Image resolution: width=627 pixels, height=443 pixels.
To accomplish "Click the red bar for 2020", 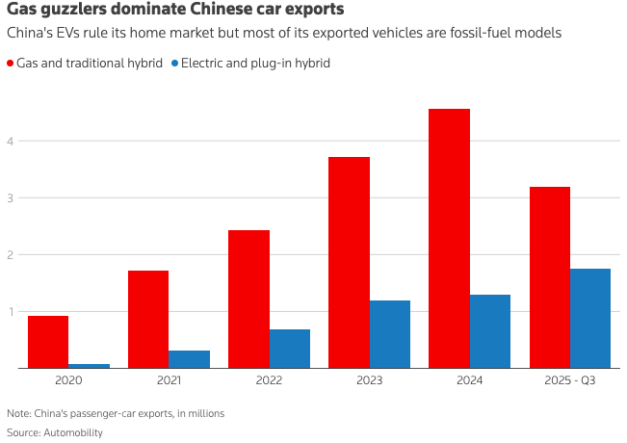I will (x=48, y=342).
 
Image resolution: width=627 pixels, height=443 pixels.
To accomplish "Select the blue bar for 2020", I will (x=89, y=366).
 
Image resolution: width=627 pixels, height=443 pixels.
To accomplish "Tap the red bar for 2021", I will (x=148, y=319).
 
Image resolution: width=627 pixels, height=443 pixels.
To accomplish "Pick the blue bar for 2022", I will (x=289, y=349).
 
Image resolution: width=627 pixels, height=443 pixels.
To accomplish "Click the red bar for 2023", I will (x=349, y=262).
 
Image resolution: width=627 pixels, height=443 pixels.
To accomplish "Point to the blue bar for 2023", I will (x=389, y=334).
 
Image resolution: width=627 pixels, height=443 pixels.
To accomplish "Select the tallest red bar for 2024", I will (x=449, y=238).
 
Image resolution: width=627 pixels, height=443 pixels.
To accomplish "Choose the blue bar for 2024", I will (x=489, y=331).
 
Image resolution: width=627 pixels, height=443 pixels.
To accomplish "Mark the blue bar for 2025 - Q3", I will (x=589, y=318).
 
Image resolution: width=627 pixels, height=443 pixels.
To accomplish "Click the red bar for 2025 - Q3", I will (x=549, y=277).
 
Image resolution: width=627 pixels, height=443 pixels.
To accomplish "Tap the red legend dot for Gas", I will (x=11, y=63).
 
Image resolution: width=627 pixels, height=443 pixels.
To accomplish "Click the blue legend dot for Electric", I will (x=174, y=63).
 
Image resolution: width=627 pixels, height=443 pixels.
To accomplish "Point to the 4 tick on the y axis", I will (x=11, y=142).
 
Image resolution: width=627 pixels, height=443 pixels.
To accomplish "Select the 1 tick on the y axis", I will (x=11, y=312).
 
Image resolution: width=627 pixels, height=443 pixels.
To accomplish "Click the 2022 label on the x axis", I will (x=269, y=381).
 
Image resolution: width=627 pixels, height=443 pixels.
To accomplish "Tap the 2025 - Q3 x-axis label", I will (x=569, y=381).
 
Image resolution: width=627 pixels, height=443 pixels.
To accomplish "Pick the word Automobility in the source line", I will (x=73, y=432).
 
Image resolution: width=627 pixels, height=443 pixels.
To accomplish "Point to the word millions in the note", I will (x=203, y=413).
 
